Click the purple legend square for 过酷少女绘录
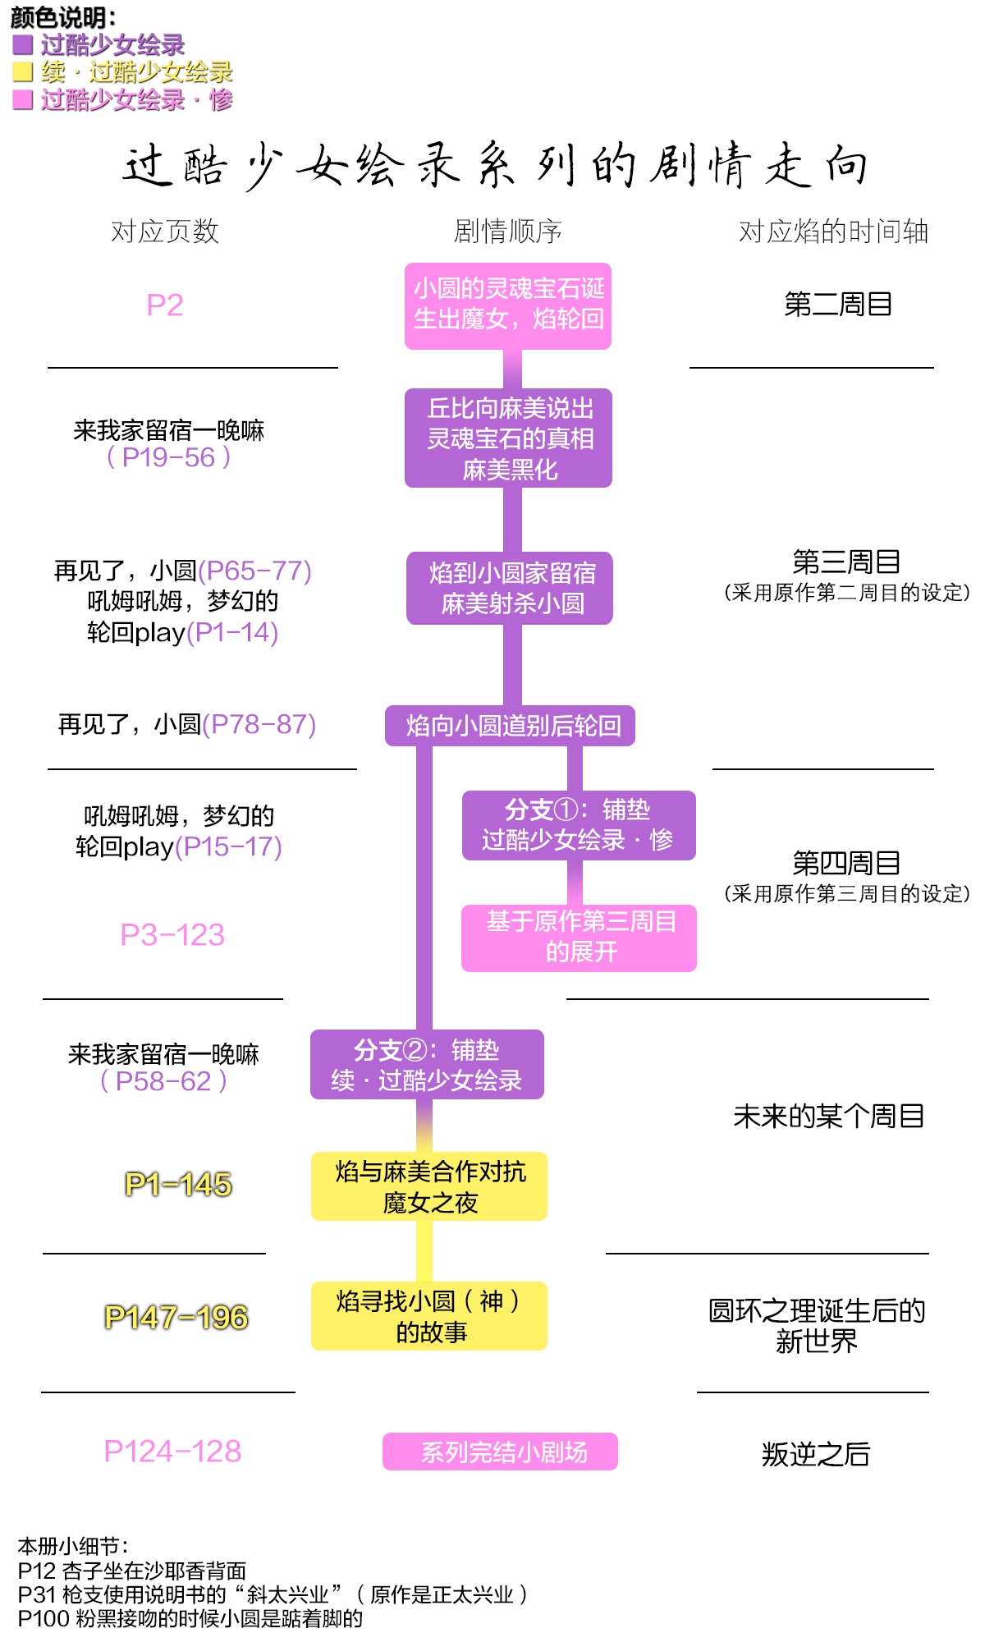point(22,44)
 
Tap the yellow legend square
point(22,71)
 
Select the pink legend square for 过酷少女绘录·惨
point(22,99)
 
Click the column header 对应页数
point(165,232)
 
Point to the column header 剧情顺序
point(508,232)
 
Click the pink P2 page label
point(164,305)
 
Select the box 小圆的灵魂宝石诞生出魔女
point(508,305)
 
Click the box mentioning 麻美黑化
point(508,438)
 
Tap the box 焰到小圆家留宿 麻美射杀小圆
point(510,588)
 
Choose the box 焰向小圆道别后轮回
point(510,726)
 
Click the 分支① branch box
point(579,825)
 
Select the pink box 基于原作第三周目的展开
point(579,938)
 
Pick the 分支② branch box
point(427,1064)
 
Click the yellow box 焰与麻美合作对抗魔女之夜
point(429,1186)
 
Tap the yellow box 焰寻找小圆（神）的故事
point(429,1315)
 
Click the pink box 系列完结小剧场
point(500,1452)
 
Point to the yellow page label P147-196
point(176,1317)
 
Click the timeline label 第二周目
point(838,305)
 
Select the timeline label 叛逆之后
point(815,1454)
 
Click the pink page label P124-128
point(172,1452)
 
